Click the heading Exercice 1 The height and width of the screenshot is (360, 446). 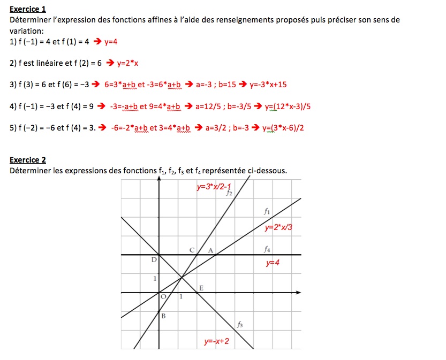[28, 9]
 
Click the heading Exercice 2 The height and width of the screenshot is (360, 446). [28, 160]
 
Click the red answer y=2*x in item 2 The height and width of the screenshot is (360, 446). [127, 63]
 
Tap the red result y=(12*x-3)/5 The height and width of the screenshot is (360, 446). [288, 106]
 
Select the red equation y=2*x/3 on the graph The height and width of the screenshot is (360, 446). [279, 227]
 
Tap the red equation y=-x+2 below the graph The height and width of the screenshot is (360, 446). [216, 341]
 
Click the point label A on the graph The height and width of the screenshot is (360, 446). [210, 250]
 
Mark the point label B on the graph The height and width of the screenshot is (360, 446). [164, 316]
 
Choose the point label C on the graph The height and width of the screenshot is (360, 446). [192, 250]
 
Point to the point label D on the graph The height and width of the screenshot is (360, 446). [154, 260]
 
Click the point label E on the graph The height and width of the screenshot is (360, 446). [201, 288]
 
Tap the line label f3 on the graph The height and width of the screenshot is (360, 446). [240, 324]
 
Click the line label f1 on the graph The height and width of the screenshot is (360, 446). [267, 211]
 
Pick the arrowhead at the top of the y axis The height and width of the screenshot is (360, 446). [159, 180]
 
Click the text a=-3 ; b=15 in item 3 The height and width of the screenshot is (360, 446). [216, 85]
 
